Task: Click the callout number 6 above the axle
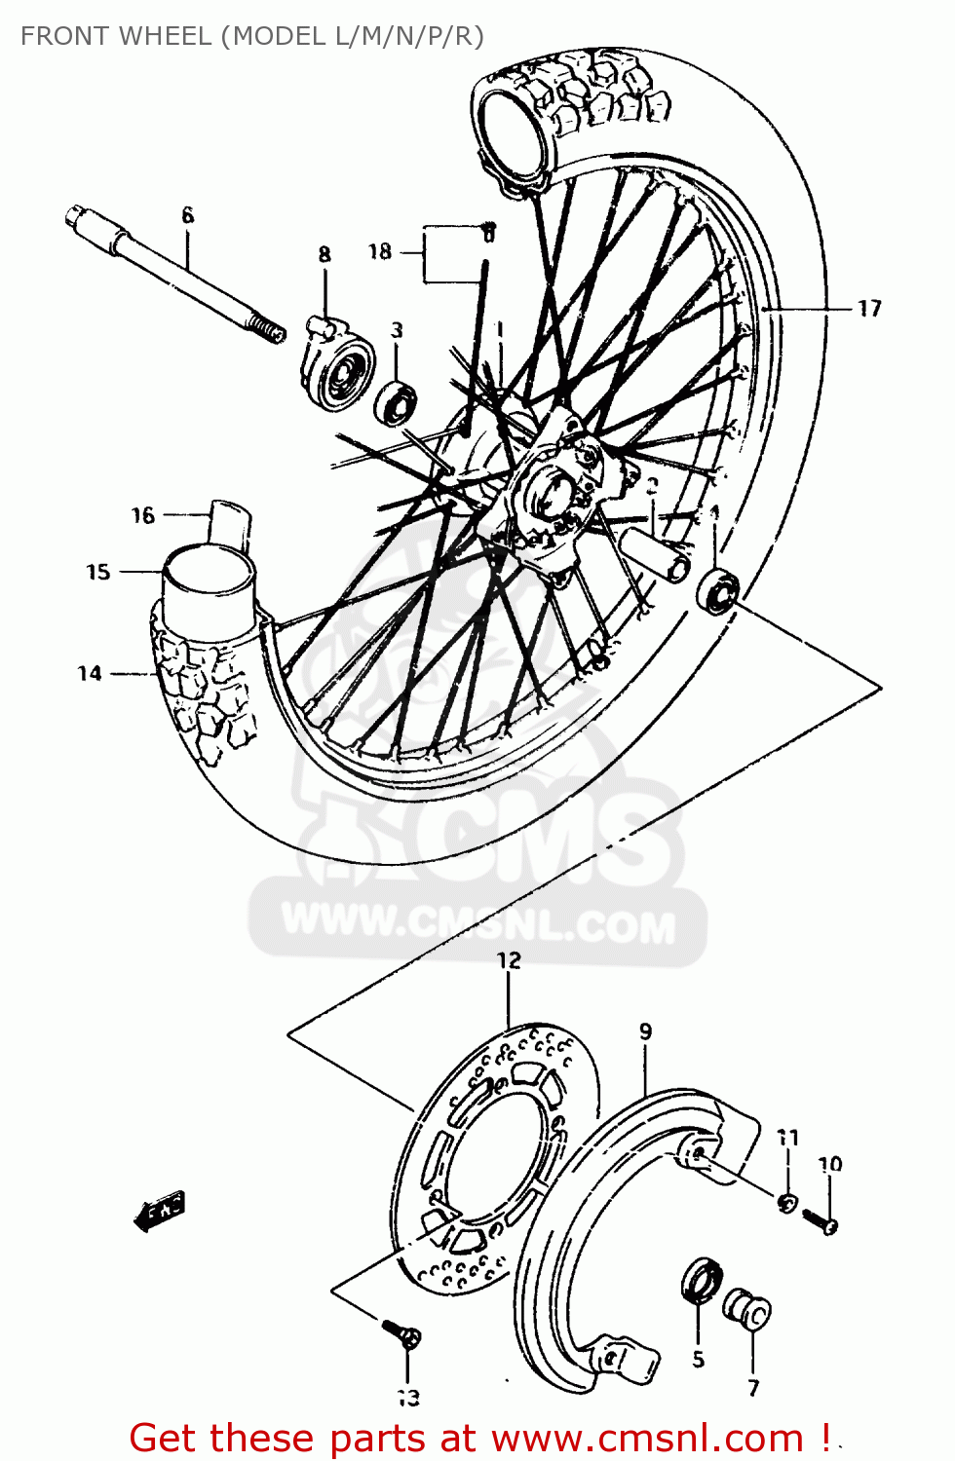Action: pyautogui.click(x=188, y=215)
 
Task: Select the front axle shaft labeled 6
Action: pyautogui.click(x=175, y=274)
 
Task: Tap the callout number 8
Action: pyautogui.click(x=325, y=254)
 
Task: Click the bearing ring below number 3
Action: pyautogui.click(x=397, y=402)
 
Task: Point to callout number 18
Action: pyautogui.click(x=380, y=252)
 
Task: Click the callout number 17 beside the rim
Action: pyautogui.click(x=869, y=309)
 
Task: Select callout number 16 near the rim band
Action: pyautogui.click(x=143, y=515)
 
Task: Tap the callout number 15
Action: pyautogui.click(x=98, y=572)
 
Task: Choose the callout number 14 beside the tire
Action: pyautogui.click(x=90, y=673)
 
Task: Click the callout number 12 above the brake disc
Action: pyautogui.click(x=509, y=960)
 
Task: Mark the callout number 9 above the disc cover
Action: pyautogui.click(x=645, y=1031)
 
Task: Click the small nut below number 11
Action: pyautogui.click(x=787, y=1202)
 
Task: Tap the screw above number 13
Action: pyautogui.click(x=401, y=1332)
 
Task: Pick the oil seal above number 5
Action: pyautogui.click(x=701, y=1279)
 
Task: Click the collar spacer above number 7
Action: pyautogui.click(x=748, y=1310)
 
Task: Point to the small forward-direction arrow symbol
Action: pyautogui.click(x=159, y=1211)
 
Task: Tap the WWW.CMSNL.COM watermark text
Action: pyautogui.click(x=477, y=923)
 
